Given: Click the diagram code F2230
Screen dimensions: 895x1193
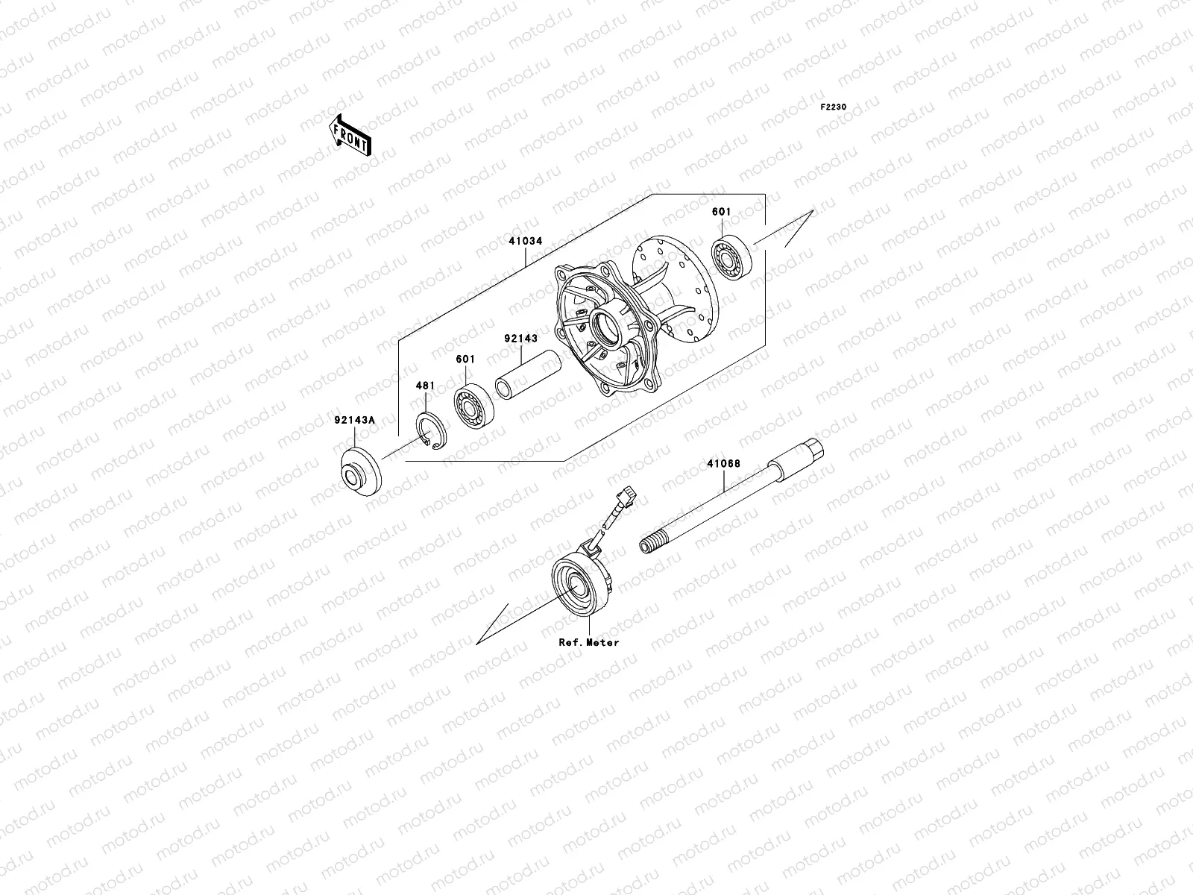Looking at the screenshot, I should pos(834,107).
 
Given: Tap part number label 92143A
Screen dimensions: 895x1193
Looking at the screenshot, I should pos(354,420).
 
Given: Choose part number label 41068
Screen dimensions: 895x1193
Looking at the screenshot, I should pos(723,463).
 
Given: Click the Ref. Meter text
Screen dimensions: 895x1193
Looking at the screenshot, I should pos(589,642).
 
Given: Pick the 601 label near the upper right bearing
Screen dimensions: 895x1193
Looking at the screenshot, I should pos(721,212).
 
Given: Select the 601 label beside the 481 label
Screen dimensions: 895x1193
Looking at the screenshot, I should pos(465,359).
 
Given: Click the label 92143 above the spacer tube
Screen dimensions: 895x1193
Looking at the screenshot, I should pos(520,339).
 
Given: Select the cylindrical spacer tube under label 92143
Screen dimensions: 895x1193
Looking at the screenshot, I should pos(527,374).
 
